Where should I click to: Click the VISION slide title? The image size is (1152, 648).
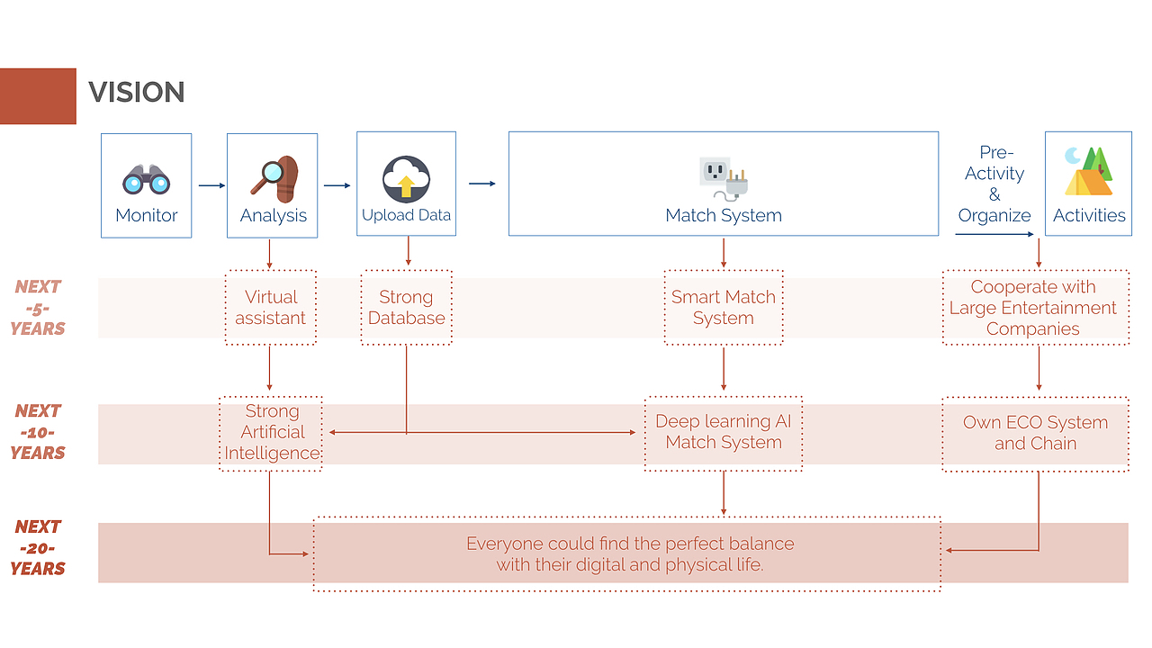(x=137, y=92)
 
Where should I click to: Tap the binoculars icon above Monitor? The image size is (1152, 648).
(x=146, y=179)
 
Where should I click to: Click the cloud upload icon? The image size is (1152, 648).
(x=406, y=178)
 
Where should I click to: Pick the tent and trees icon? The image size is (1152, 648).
(x=1089, y=172)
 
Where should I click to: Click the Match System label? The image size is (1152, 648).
(x=724, y=215)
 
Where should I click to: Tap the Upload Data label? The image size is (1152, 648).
(x=406, y=215)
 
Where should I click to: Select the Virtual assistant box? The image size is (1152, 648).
(x=271, y=307)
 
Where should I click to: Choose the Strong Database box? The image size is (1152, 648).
(x=406, y=307)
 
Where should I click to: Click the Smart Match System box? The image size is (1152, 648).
(x=724, y=307)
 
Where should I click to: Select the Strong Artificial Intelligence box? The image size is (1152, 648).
(x=271, y=432)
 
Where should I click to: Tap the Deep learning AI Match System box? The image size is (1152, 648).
(x=724, y=432)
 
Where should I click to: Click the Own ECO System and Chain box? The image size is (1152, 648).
(x=1035, y=433)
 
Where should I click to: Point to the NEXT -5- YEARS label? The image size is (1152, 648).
(x=38, y=308)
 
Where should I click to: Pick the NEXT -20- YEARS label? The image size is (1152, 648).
(x=38, y=547)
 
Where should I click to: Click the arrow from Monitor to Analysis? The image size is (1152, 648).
(x=211, y=186)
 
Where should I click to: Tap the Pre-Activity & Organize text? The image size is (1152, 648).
(x=994, y=184)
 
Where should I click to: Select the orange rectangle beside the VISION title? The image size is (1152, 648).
(x=38, y=95)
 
